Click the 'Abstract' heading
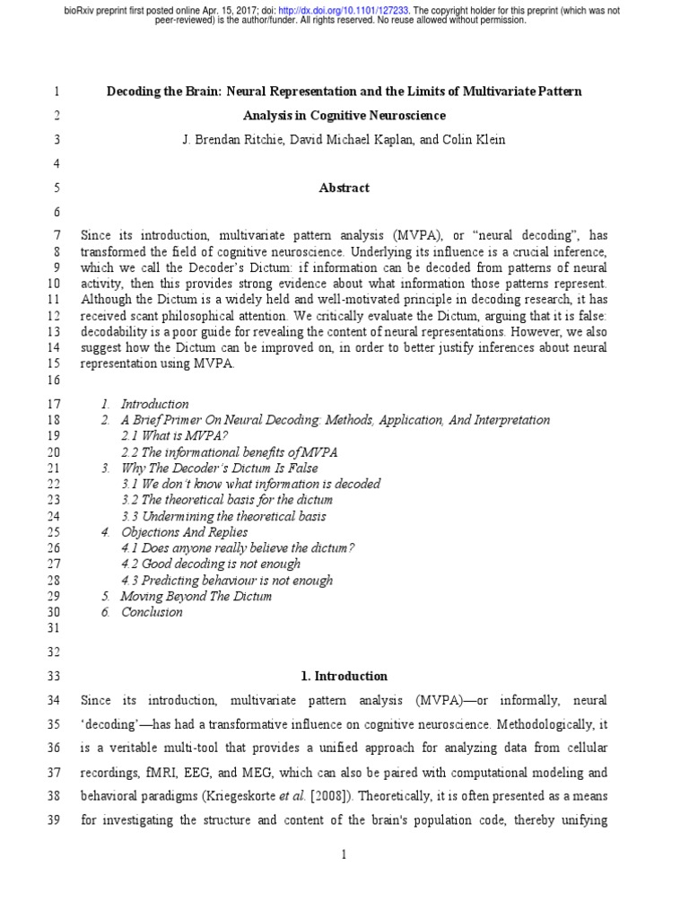344,188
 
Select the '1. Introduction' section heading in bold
344,676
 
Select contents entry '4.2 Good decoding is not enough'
211,564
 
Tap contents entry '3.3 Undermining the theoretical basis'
223,516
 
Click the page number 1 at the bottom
344,854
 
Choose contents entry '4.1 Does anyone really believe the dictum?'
238,547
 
